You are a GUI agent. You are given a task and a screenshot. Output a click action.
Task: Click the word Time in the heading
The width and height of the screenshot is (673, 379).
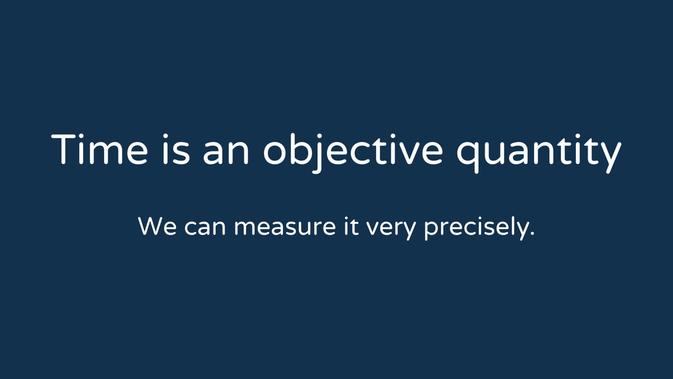[100, 149]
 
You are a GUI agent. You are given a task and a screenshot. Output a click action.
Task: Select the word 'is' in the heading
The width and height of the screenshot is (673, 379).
[177, 149]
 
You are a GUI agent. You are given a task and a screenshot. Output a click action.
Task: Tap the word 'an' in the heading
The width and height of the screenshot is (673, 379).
[226, 153]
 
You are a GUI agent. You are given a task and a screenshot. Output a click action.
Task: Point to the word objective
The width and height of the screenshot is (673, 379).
[353, 153]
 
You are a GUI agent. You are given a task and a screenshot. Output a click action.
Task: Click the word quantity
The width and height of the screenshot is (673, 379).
[539, 153]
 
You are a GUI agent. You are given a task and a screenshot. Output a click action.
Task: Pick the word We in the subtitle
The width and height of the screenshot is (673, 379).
[157, 226]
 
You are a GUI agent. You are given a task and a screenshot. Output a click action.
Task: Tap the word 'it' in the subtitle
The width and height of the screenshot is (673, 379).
[351, 226]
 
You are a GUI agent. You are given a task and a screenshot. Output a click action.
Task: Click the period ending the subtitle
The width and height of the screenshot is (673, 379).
[532, 233]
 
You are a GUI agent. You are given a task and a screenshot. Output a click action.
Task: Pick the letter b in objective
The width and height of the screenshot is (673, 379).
[301, 149]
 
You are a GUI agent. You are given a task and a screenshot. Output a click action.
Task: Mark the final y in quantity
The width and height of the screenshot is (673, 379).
[609, 157]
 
